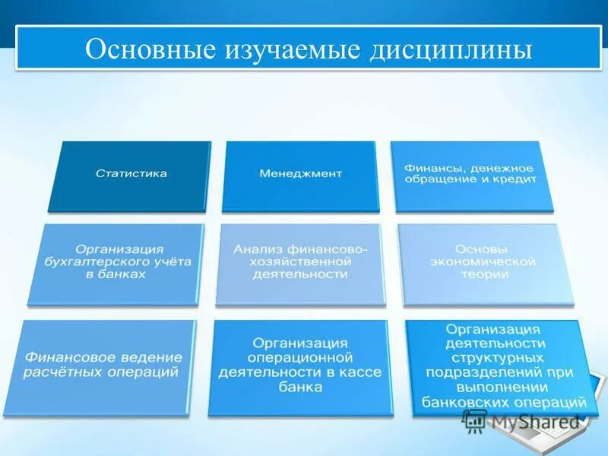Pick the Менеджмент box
(x=300, y=176)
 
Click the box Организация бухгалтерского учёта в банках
(x=115, y=264)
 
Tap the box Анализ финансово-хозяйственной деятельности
(x=300, y=264)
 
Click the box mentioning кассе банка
(x=300, y=367)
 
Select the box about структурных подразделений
(x=497, y=367)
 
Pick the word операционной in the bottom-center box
(x=300, y=358)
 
